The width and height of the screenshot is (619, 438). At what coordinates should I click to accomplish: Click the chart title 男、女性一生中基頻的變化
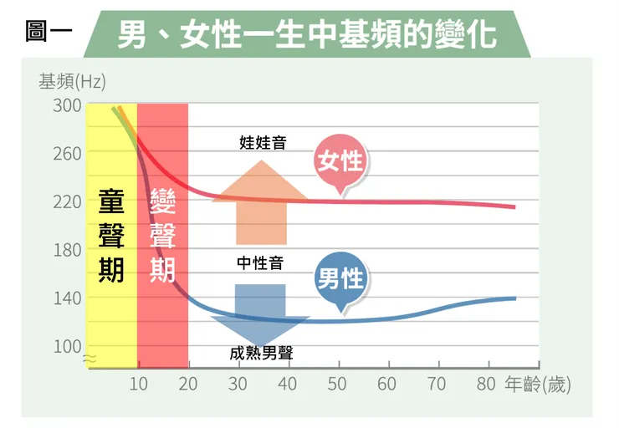(307, 35)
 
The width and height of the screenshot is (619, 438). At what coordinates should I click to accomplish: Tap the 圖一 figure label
(49, 31)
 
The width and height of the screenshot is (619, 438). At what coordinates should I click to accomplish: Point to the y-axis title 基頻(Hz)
(72, 82)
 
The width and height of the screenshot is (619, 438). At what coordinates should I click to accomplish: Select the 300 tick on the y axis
(67, 105)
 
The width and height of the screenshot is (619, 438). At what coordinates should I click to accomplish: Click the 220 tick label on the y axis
(67, 202)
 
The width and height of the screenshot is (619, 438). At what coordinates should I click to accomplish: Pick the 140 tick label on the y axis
(67, 298)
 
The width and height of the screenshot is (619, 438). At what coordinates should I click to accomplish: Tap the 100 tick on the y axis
(67, 347)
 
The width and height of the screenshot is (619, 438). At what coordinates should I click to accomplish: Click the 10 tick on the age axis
(139, 384)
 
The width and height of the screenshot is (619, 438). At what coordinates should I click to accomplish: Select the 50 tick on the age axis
(337, 384)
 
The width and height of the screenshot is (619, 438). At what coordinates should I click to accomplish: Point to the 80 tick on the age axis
(486, 384)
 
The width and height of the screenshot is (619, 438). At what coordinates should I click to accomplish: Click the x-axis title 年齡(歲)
(538, 385)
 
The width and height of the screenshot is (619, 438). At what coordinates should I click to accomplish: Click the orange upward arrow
(261, 202)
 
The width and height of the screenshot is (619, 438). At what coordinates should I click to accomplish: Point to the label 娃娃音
(263, 142)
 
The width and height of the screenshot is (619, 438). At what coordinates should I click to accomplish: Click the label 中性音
(260, 263)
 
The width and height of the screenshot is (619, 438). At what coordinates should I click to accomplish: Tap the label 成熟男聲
(261, 354)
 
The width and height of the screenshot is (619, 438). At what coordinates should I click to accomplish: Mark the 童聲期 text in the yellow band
(111, 236)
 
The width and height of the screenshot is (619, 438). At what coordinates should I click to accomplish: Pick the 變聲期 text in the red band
(162, 236)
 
